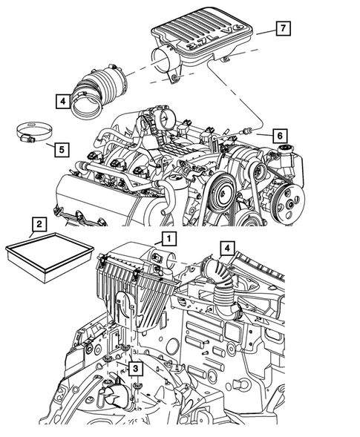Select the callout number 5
(61, 149)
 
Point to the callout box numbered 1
(169, 238)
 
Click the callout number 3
(134, 367)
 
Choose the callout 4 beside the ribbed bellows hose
(62, 100)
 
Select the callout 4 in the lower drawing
(226, 248)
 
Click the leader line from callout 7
(261, 30)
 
